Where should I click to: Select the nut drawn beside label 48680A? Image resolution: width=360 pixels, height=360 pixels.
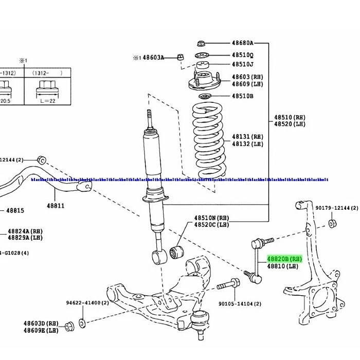click(202, 45)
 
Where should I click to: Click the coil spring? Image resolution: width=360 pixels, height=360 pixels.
click(208, 139)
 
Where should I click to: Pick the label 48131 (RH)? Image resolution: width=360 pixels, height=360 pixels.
click(247, 137)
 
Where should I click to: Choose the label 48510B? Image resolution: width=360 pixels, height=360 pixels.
click(242, 96)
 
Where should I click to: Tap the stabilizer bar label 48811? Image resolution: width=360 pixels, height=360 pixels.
click(57, 206)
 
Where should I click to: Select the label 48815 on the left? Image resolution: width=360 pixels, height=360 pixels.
click(15, 211)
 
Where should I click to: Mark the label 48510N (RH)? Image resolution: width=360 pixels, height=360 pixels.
click(211, 218)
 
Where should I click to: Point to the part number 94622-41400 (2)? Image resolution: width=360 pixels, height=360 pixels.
click(87, 303)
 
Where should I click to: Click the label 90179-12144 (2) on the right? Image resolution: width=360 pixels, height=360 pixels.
click(336, 208)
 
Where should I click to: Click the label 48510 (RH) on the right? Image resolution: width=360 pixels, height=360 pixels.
click(289, 117)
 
